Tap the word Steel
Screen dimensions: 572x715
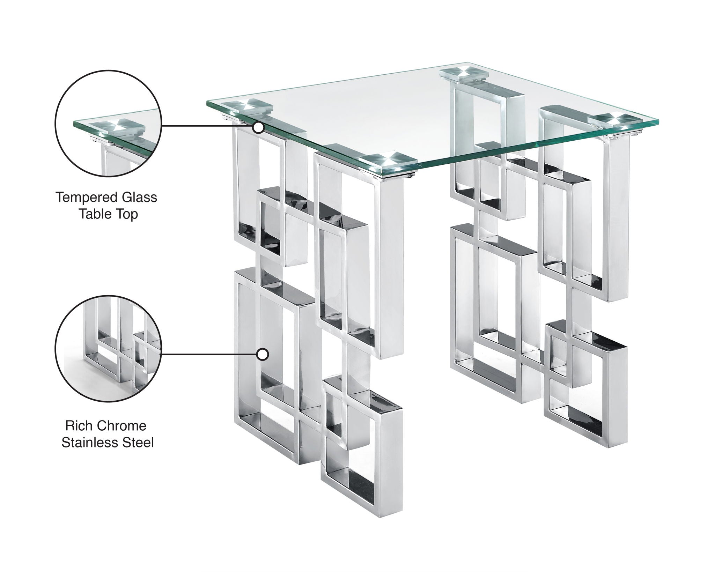click(x=139, y=443)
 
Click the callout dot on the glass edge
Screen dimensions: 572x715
click(x=258, y=128)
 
